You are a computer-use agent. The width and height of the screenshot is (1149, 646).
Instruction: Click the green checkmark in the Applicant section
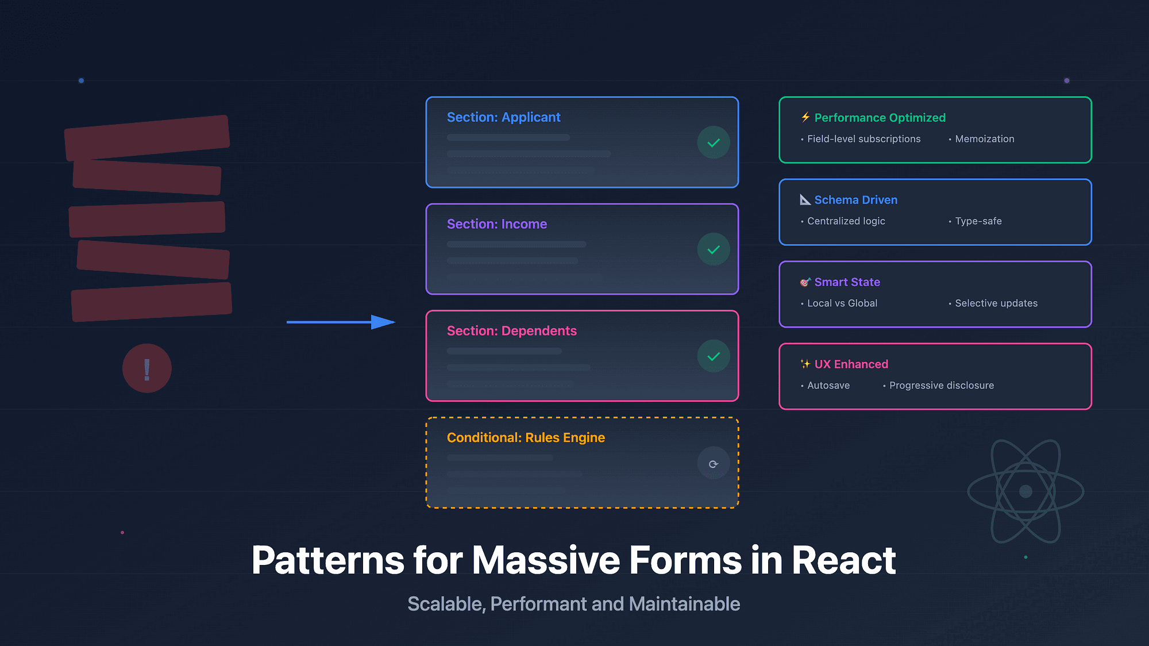point(714,143)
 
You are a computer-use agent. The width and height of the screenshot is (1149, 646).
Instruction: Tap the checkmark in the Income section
point(714,249)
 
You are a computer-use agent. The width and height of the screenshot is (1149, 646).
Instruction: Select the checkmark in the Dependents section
point(714,356)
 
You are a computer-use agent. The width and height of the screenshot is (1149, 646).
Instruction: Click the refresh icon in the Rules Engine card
point(714,464)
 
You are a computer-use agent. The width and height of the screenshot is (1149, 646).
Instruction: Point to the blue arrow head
point(384,322)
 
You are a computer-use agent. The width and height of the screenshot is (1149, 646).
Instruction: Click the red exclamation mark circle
point(147,368)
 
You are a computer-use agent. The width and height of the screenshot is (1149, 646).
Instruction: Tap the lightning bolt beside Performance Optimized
point(805,117)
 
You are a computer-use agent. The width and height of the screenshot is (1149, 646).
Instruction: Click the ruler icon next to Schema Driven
point(805,199)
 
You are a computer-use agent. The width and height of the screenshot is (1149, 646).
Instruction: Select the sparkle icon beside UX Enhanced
point(805,364)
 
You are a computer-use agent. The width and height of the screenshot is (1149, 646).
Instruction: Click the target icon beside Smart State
point(805,282)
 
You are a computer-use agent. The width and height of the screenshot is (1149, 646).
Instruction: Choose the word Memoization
point(985,139)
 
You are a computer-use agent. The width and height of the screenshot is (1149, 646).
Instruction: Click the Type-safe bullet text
point(978,221)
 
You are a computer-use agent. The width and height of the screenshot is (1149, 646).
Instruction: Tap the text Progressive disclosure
point(942,386)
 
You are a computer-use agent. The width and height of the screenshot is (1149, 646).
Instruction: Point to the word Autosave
point(828,386)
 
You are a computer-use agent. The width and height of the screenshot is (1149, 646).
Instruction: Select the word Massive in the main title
point(546,560)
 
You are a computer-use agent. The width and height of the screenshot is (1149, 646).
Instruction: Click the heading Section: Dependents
point(512,331)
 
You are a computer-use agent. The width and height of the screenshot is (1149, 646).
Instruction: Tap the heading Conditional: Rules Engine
point(526,438)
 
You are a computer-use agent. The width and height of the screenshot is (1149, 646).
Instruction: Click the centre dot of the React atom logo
point(1025,491)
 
